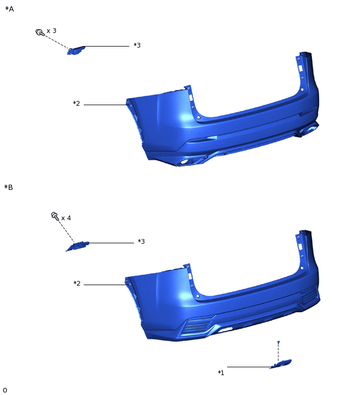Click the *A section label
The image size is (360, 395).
[x=9, y=9]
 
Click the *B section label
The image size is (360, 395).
[x=8, y=187]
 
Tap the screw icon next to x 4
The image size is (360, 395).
[x=54, y=215]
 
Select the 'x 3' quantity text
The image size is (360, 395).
[x=51, y=31]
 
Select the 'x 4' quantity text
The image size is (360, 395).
[x=66, y=218]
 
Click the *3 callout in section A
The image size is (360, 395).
[x=137, y=46]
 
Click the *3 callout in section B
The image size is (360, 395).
[x=141, y=241]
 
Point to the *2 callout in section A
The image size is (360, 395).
[x=76, y=104]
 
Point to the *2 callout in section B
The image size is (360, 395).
[x=77, y=284]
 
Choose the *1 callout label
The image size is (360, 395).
[x=221, y=373]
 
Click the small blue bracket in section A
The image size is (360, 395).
[x=76, y=50]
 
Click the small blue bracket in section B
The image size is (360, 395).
[x=77, y=246]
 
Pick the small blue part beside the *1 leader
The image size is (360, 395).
[x=281, y=364]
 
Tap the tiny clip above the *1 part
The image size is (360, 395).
[x=278, y=342]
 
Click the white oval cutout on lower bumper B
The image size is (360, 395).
[x=225, y=330]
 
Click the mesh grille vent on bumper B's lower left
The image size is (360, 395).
[x=196, y=326]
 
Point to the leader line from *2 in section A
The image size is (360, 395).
[x=105, y=105]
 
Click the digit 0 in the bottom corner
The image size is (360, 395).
[x=5, y=390]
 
